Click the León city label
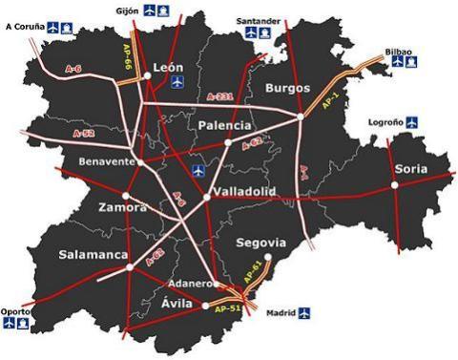click(169, 68)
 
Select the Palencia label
click(226, 125)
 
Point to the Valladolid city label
click(243, 192)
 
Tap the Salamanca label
click(93, 255)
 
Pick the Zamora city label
click(122, 207)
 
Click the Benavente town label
click(107, 161)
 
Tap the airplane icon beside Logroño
click(411, 122)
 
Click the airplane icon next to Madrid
click(304, 312)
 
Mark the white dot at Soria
click(395, 185)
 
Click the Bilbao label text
click(399, 51)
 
